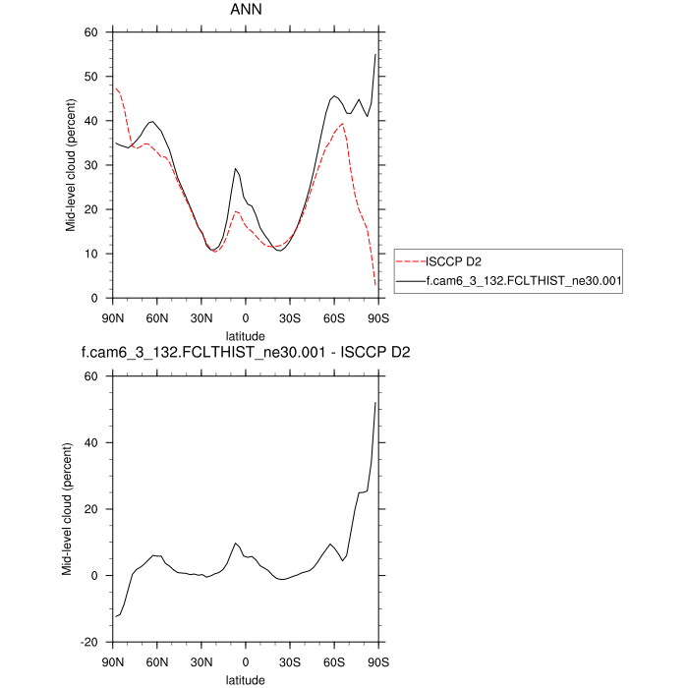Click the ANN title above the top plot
(x=246, y=13)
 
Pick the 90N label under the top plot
(x=113, y=316)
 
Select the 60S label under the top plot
(x=334, y=316)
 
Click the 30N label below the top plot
(x=201, y=316)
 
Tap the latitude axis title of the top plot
(x=246, y=334)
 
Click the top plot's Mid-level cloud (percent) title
(x=72, y=165)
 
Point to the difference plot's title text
(x=246, y=351)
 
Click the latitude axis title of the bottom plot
(x=246, y=678)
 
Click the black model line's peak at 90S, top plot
(x=376, y=55)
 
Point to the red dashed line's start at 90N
(x=115, y=87)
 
